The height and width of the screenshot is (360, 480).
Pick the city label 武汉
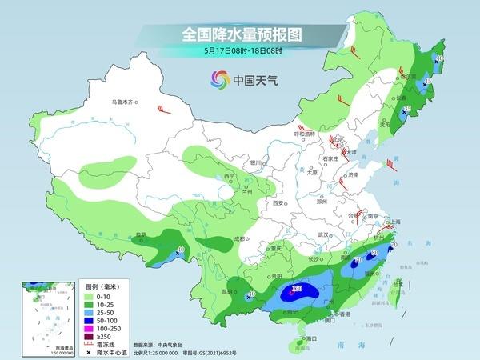323,234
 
